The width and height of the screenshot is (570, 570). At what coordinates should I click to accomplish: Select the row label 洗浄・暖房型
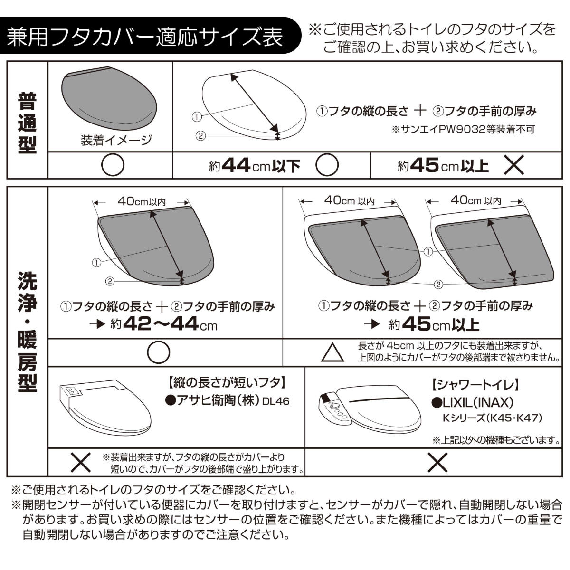point(27,331)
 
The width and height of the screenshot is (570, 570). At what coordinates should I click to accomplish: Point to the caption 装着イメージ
point(116,140)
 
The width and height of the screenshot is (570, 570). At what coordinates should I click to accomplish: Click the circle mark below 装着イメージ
point(113,166)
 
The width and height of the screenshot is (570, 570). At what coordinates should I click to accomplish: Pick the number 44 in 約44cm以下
point(237,165)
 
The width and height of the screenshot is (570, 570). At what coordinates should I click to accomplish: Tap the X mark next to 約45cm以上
point(514,165)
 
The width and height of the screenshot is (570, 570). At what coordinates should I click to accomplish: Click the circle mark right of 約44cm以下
point(327,165)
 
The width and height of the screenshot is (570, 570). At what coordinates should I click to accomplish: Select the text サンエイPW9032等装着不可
point(463,129)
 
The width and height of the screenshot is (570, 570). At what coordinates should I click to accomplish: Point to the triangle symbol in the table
point(333,352)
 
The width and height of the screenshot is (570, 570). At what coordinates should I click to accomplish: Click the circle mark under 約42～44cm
point(158,352)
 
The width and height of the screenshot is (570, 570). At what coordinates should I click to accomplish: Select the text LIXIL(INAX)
point(473,403)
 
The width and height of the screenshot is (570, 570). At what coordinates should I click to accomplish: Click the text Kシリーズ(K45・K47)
point(492,418)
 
